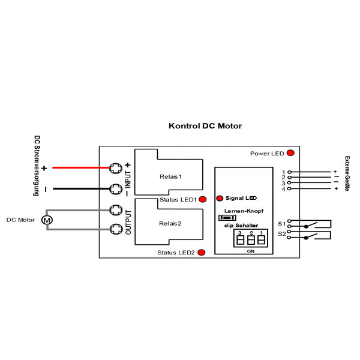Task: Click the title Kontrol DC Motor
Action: pos(205,127)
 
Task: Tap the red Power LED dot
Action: pos(290,153)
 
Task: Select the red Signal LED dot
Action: pos(219,197)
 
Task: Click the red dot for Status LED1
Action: pos(202,199)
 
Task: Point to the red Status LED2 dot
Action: pos(202,253)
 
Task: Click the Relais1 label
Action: pos(170,177)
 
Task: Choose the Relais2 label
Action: pos(170,223)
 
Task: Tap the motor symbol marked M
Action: pos(47,220)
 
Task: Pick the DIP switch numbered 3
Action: pos(239,240)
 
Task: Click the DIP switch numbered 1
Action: pos(262,240)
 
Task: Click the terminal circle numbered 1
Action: pos(289,172)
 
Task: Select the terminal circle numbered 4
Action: pos(289,189)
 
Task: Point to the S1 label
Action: pos(281,223)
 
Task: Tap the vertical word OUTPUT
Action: pos(128,221)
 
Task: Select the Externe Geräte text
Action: pos(347,173)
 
